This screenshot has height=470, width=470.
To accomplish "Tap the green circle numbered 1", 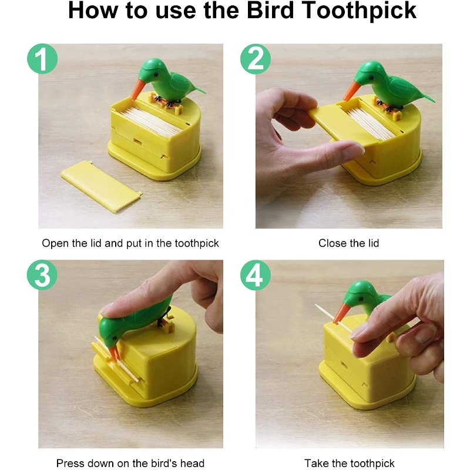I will (x=42, y=60).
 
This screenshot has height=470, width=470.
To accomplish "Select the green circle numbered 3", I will (x=42, y=276).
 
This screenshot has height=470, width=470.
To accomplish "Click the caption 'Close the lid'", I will (x=348, y=243).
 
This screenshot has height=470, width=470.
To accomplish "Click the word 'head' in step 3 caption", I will (x=193, y=464).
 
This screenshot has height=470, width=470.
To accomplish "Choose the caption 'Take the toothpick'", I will (x=349, y=464).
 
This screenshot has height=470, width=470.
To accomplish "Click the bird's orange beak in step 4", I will (x=341, y=314).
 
